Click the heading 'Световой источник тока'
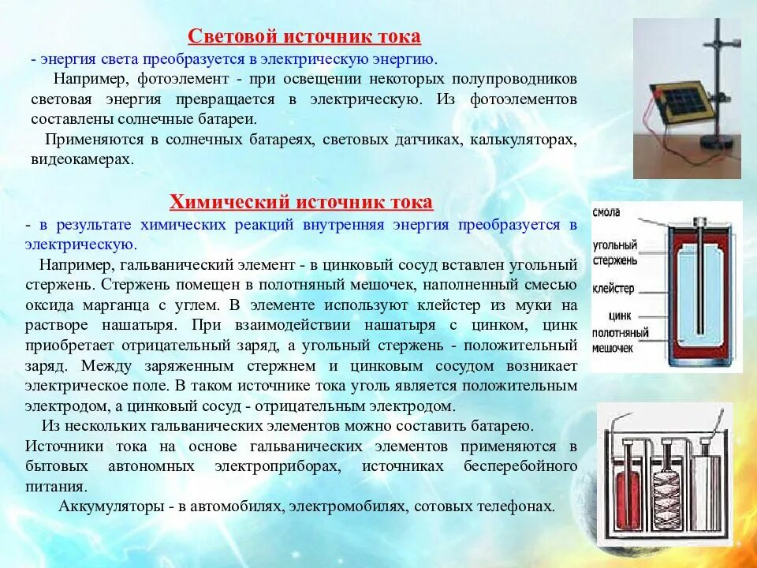(304, 37)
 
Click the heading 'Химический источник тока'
(302, 203)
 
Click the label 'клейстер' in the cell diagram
(613, 289)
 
